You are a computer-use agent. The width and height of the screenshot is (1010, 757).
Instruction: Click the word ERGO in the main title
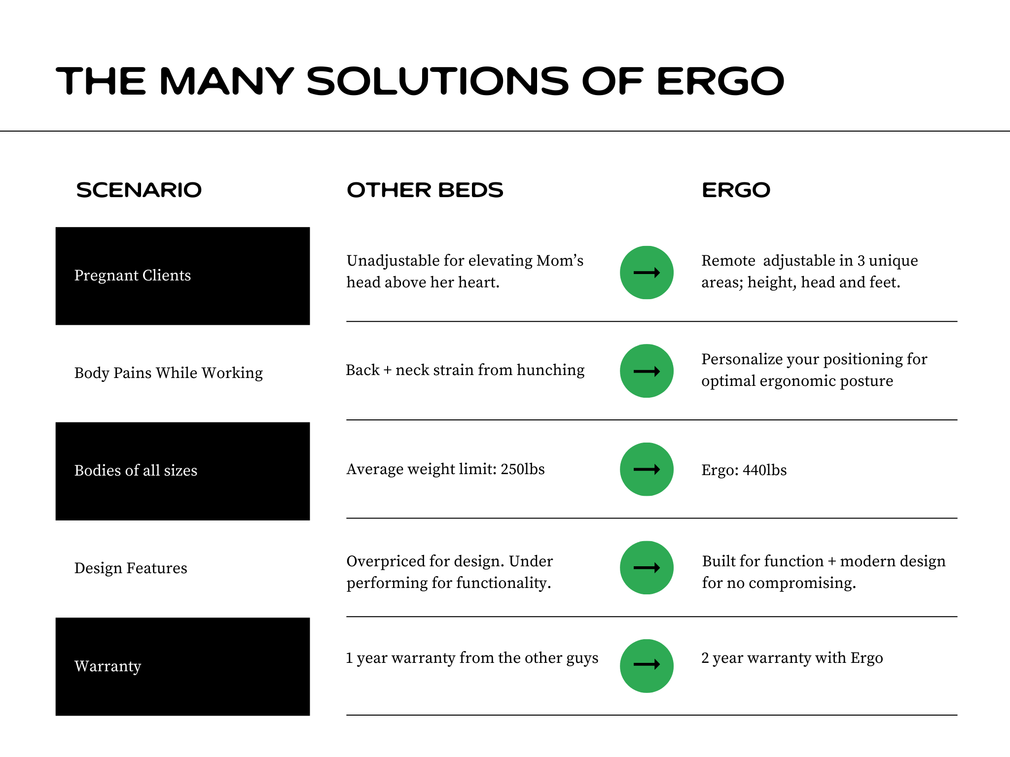click(721, 81)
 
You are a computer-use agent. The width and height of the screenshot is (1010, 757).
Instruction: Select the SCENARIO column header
click(139, 190)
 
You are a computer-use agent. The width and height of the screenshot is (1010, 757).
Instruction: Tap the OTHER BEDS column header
click(425, 190)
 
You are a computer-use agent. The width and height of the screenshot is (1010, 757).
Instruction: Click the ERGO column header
click(736, 190)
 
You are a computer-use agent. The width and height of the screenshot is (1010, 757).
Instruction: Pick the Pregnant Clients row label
click(132, 275)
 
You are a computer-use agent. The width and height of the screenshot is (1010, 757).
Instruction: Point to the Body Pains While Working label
click(168, 373)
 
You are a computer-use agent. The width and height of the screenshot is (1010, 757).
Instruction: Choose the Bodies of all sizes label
click(136, 470)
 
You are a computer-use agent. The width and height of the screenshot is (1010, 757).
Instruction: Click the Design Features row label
click(131, 568)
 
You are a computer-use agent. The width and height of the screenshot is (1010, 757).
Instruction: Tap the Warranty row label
click(108, 666)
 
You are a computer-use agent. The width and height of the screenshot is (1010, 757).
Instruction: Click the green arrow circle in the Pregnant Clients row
click(647, 273)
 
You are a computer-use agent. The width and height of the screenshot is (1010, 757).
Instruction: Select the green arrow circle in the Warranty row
click(647, 666)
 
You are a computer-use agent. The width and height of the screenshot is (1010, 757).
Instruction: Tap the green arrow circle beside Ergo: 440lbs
click(647, 469)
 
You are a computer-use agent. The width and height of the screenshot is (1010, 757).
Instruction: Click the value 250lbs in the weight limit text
click(523, 469)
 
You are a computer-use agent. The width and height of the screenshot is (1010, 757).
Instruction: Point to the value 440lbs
click(765, 470)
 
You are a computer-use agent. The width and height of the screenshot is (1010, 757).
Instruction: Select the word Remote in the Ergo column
click(728, 260)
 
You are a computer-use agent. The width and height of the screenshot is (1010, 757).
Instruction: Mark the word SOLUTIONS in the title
click(438, 81)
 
